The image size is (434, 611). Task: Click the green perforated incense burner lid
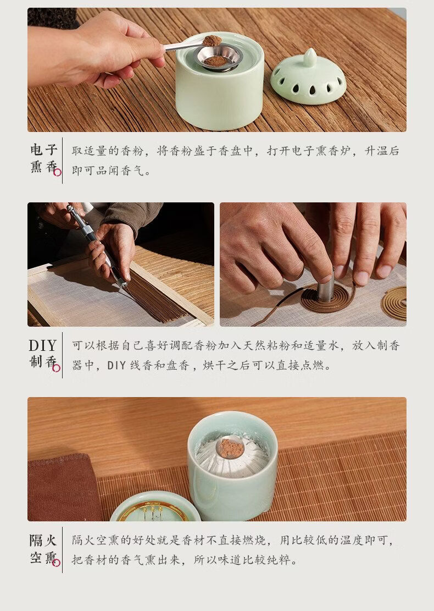click(308, 78)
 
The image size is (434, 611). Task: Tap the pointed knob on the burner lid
click(310, 57)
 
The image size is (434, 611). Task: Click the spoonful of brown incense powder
click(212, 41)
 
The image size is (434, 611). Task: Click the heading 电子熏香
click(44, 158)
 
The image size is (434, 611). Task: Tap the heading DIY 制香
click(43, 353)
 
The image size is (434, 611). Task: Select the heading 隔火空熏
click(43, 548)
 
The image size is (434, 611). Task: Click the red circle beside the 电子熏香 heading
click(57, 172)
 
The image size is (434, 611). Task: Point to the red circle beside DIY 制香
click(56, 367)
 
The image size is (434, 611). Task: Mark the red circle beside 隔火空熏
click(56, 562)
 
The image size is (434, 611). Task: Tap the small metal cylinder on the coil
click(326, 288)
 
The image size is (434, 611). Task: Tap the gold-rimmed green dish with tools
click(155, 507)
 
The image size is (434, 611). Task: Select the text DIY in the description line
click(116, 365)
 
